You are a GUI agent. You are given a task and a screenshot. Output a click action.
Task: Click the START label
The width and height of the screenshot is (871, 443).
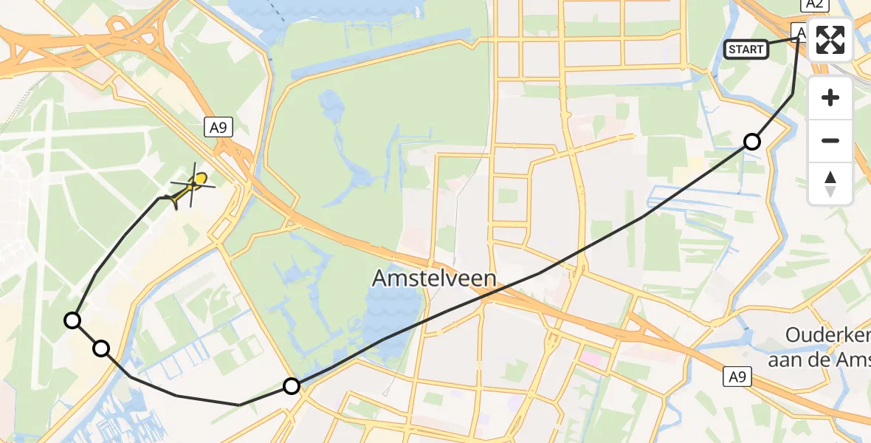click(x=746, y=49)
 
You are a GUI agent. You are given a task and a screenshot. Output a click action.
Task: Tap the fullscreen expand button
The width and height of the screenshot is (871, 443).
click(x=830, y=40)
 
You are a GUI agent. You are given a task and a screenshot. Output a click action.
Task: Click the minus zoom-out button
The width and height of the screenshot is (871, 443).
click(x=830, y=140)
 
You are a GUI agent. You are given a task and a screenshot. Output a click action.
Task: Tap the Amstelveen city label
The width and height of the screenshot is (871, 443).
click(x=434, y=279)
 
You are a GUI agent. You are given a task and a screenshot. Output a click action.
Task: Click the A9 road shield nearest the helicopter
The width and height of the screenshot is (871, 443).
click(x=218, y=128)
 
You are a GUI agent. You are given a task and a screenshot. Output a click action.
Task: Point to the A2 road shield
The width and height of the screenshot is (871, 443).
click(x=813, y=4)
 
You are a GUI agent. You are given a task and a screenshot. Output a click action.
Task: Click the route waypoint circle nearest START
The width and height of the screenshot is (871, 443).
click(x=751, y=142)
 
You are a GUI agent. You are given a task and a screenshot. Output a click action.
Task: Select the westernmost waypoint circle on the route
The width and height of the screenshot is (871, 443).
click(x=72, y=320)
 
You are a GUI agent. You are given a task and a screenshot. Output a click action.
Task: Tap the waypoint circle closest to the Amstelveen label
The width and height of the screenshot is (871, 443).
click(x=292, y=385)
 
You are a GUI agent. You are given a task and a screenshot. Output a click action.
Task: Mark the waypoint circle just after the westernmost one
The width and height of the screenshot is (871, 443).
click(x=101, y=348)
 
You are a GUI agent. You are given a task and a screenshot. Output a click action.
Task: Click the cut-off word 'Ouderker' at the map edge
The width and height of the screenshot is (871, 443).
click(x=827, y=334)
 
